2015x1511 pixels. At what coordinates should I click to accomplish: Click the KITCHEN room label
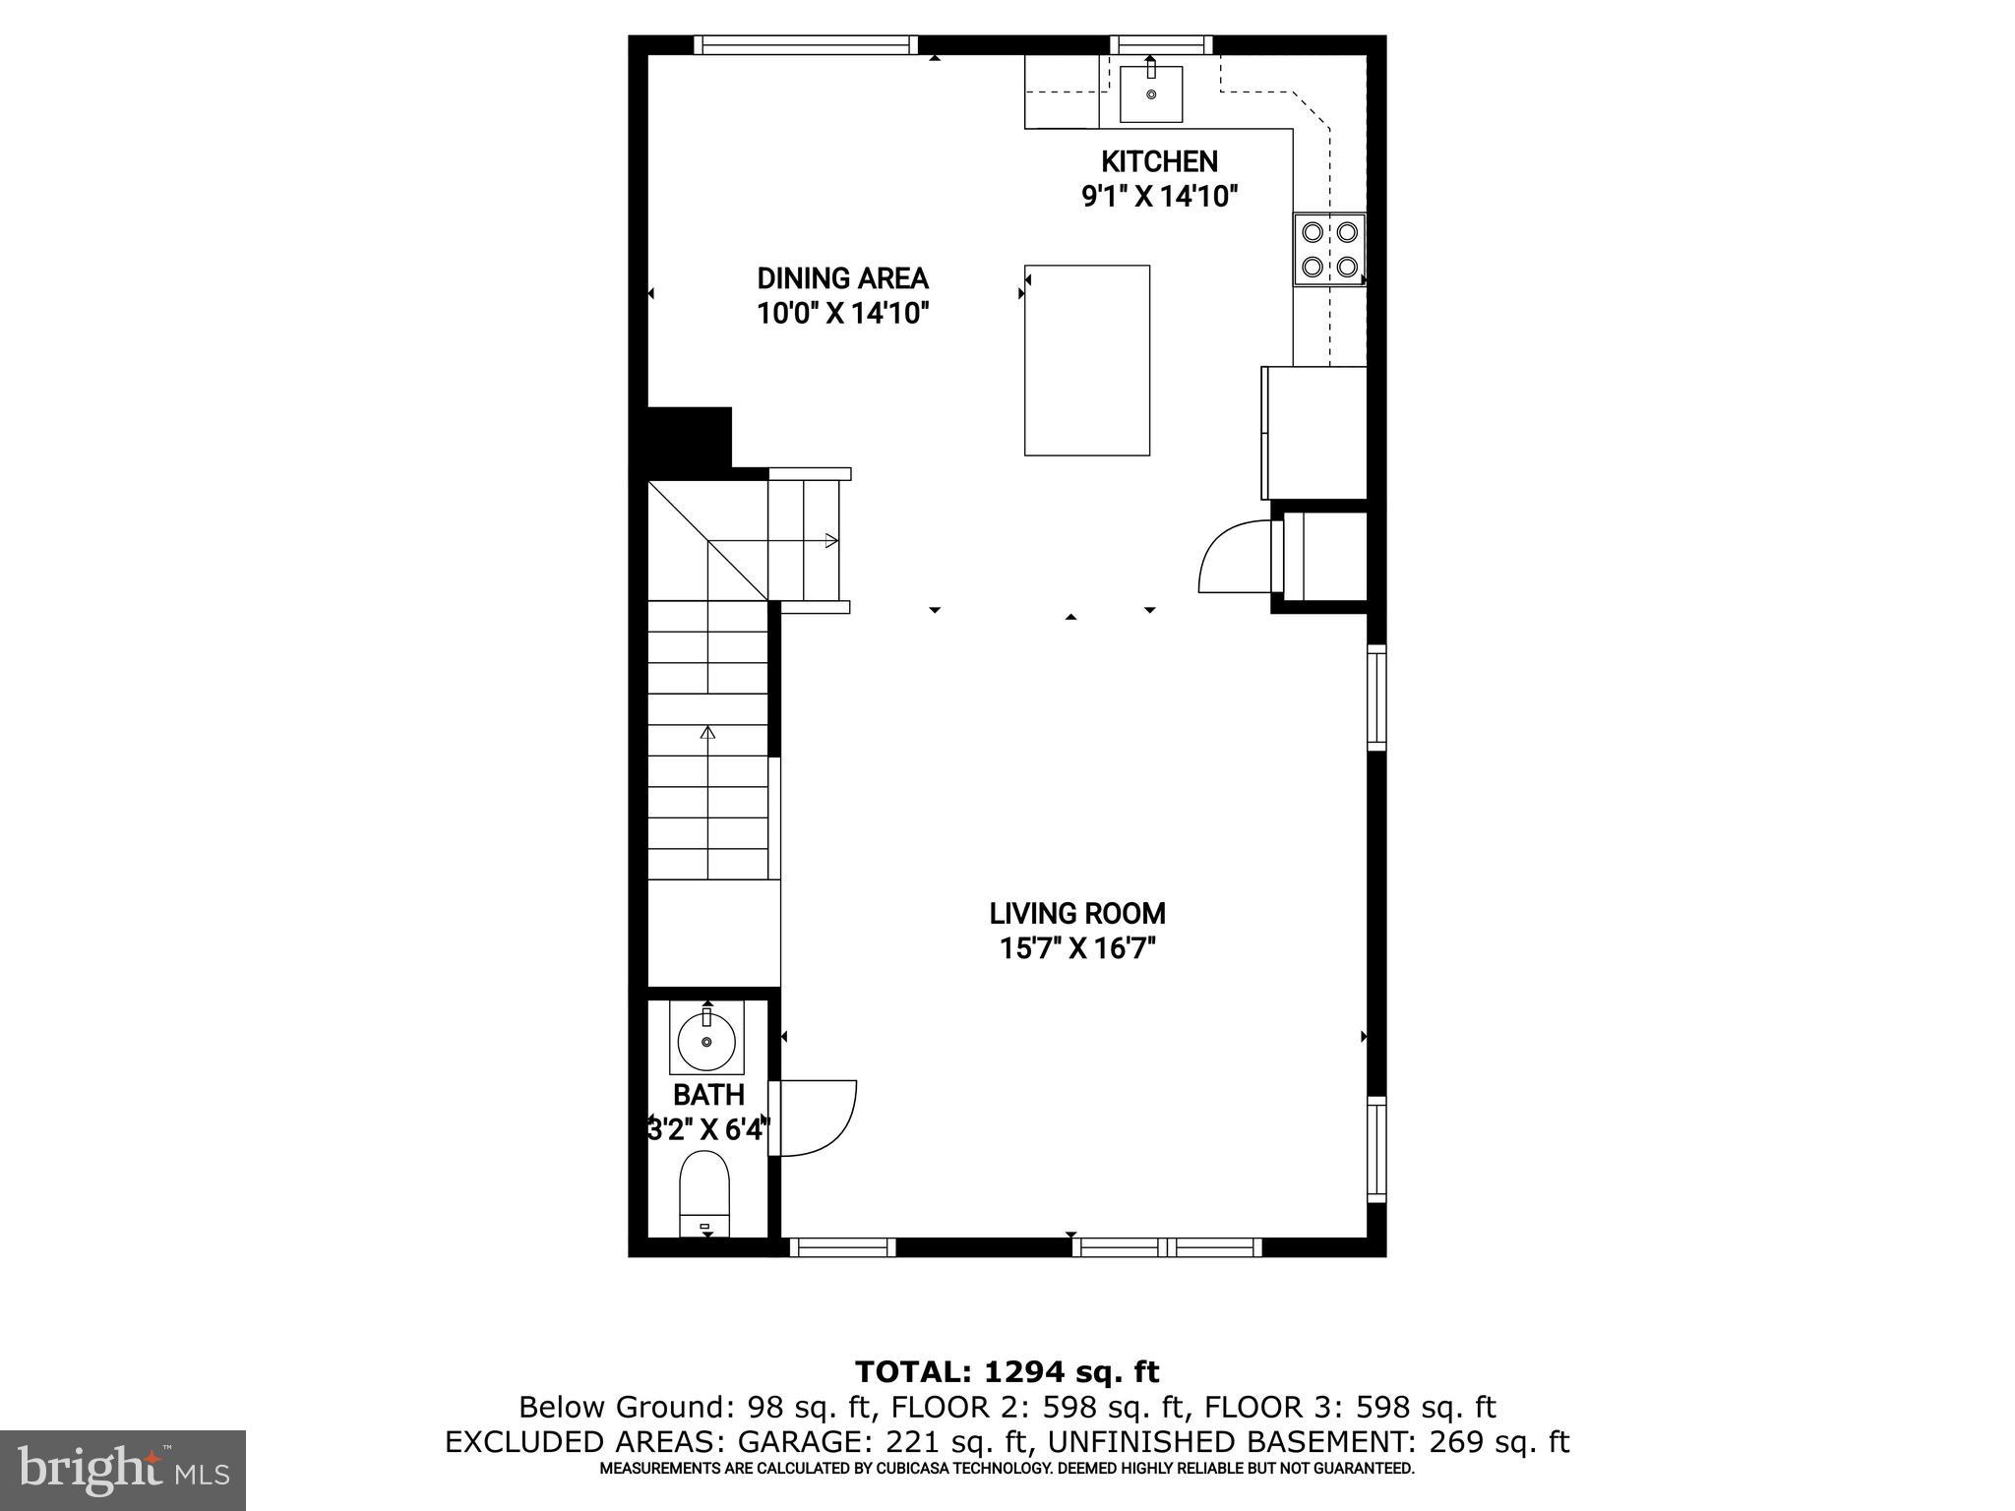1158,161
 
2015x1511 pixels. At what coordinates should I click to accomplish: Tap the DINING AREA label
842,278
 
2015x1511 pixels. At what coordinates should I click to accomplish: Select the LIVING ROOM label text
1077,914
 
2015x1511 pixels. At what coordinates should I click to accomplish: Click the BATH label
708,1095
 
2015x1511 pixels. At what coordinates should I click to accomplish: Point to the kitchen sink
1151,93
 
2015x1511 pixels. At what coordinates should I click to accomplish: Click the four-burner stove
1329,249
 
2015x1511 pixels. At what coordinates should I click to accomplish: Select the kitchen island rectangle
1087,360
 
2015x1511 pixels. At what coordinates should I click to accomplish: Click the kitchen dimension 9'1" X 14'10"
1158,197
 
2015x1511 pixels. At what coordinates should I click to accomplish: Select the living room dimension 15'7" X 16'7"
1077,949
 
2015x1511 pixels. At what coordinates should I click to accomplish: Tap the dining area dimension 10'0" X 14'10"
842,314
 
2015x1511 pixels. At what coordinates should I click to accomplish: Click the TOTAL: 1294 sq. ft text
1007,1371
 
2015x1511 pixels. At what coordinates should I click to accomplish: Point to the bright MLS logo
123,1470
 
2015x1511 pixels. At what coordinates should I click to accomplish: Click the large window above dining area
806,44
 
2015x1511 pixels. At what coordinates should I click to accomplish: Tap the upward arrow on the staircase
707,733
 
